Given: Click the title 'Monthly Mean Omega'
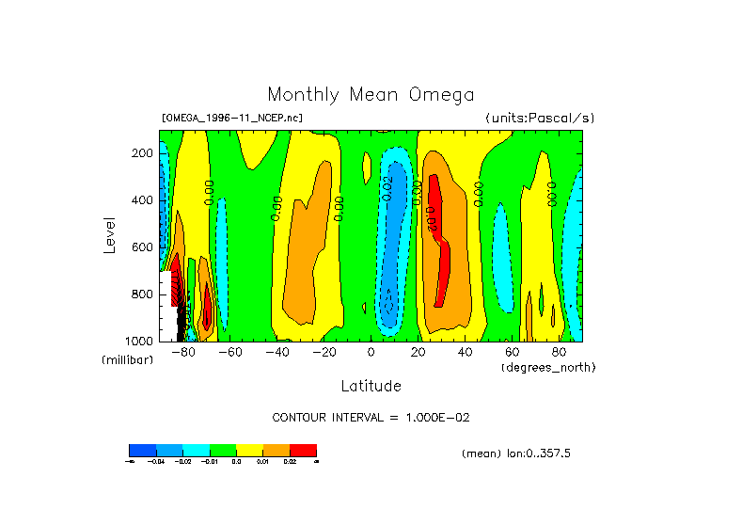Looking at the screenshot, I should (371, 94).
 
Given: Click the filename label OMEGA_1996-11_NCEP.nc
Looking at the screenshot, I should (232, 118).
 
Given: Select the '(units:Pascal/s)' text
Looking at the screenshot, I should (540, 118).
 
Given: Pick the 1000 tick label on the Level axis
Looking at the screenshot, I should (141, 341).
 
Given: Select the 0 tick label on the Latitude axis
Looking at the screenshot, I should (371, 352).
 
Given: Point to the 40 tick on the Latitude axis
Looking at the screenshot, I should (465, 352).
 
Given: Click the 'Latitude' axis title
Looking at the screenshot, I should (371, 386).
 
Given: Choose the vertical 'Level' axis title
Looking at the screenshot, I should (110, 234).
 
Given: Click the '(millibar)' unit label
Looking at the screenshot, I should (127, 360).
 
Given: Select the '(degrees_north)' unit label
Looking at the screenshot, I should (548, 366).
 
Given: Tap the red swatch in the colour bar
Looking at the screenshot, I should (303, 450).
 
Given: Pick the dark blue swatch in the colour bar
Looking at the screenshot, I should (142, 450).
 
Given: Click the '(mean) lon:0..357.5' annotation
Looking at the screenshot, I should (516, 453).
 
